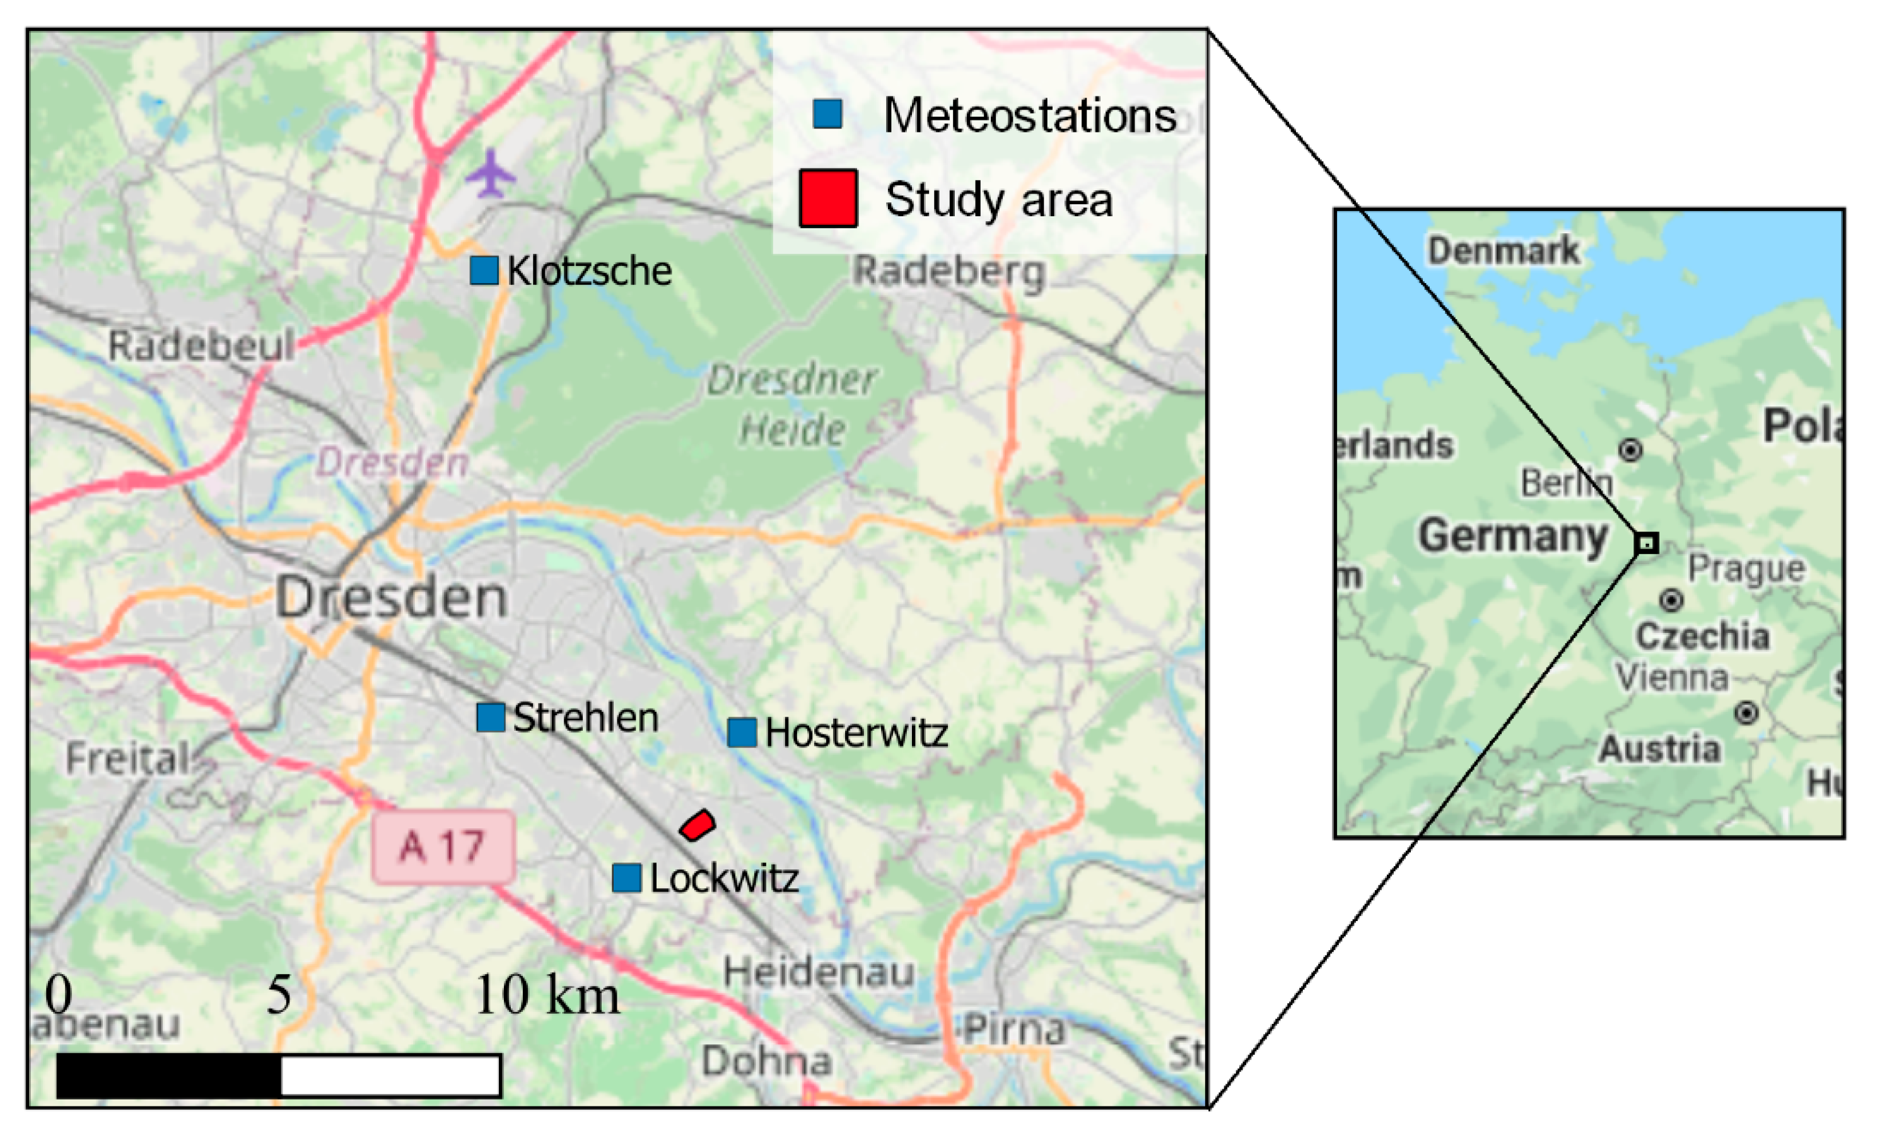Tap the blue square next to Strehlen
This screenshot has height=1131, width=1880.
[490, 717]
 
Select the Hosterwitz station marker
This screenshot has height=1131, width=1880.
[741, 733]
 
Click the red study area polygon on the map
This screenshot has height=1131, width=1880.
[698, 825]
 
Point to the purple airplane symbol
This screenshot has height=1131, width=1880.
[491, 174]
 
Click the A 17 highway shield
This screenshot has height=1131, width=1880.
[443, 847]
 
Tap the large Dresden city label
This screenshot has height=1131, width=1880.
[391, 598]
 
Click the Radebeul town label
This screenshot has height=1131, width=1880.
[201, 346]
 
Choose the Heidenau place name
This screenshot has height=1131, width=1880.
[819, 973]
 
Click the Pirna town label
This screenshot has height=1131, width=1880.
[1014, 1030]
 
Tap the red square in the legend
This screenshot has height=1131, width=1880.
[828, 199]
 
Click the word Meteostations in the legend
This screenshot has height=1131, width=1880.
[1029, 116]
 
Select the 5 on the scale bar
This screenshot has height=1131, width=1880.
[279, 995]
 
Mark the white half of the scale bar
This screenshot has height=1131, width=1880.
[390, 1076]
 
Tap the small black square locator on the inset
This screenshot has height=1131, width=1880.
[1647, 543]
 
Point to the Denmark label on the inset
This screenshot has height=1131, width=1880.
[1503, 251]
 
